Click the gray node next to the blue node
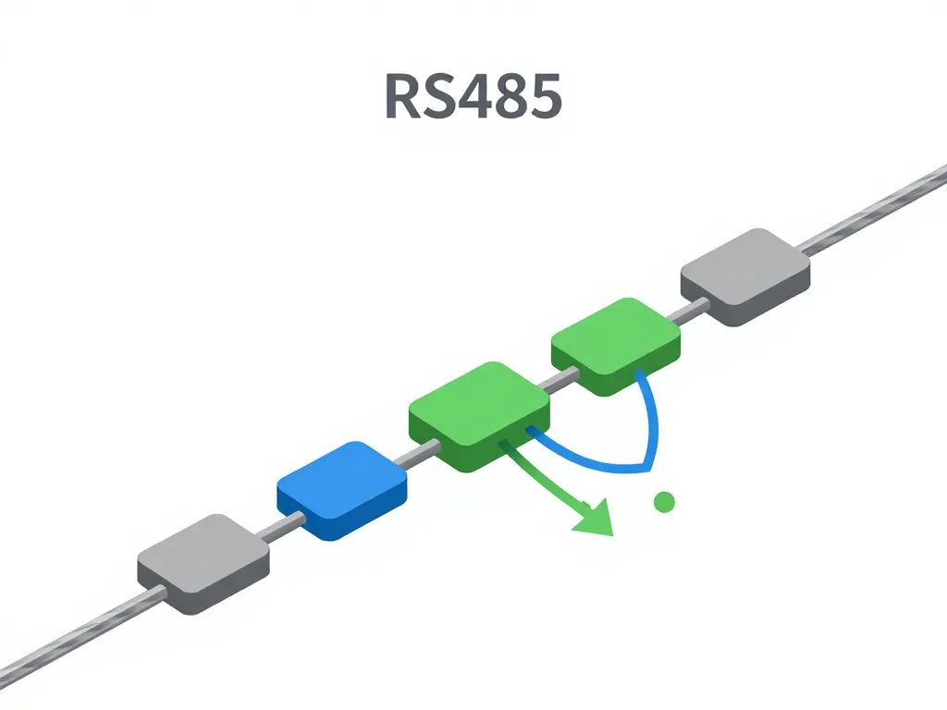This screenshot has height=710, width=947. pyautogui.click(x=203, y=559)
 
